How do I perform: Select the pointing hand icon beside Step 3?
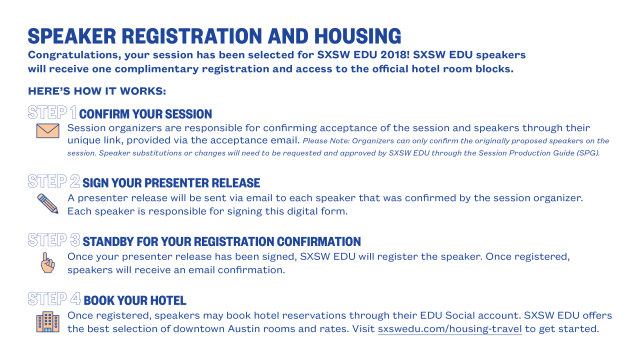pyautogui.click(x=47, y=261)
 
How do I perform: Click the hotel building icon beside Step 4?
pyautogui.click(x=47, y=321)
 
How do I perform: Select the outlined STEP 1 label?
pyautogui.click(x=52, y=113)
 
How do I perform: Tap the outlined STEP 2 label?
pyautogui.click(x=53, y=182)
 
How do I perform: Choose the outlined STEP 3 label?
pyautogui.click(x=53, y=241)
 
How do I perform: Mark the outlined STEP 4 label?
pyautogui.click(x=53, y=299)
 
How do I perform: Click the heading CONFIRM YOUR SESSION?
pyautogui.click(x=145, y=114)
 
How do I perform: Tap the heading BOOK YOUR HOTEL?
pyautogui.click(x=135, y=300)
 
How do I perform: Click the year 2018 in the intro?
pyautogui.click(x=377, y=53)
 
